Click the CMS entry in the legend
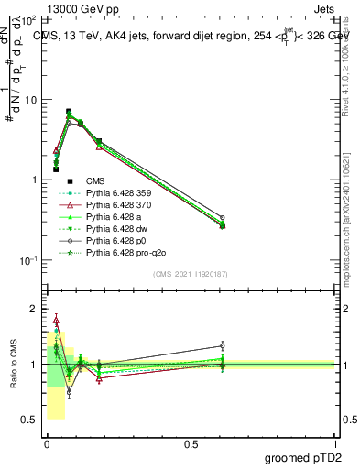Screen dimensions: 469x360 (x=95, y=180)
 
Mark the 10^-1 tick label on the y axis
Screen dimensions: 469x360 (x=27, y=260)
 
